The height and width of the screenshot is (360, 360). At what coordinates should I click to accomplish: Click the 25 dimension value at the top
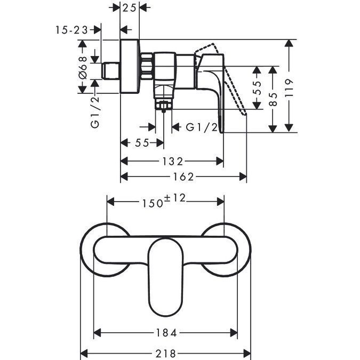point(130,8)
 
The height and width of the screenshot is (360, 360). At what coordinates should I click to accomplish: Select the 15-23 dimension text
point(72,30)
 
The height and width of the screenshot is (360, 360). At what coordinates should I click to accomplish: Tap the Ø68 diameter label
point(83,67)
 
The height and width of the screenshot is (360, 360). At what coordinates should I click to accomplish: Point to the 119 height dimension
point(289,87)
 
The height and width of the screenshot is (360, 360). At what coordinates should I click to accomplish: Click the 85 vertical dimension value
point(273,99)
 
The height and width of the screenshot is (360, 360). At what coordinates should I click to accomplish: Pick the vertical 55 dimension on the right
point(257,88)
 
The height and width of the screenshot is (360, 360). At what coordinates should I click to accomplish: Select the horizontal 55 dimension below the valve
point(142,143)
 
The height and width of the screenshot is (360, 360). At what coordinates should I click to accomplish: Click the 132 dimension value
point(173,162)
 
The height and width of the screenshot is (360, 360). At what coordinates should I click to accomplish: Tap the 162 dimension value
point(183,177)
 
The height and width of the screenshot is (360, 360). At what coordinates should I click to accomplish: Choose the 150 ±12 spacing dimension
point(164,201)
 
